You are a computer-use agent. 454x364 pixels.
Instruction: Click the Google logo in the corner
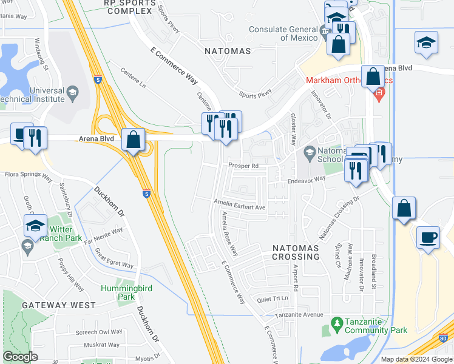[20, 357]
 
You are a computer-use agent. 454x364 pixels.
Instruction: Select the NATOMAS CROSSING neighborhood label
[296, 252]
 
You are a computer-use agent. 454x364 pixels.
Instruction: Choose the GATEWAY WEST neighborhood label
[58, 305]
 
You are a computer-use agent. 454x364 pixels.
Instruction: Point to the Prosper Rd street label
[243, 165]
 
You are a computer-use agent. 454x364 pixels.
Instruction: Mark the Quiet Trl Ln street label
[271, 298]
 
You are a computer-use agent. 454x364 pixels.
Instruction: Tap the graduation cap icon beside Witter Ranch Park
[36, 226]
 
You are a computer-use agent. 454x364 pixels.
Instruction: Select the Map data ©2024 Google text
[416, 359]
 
